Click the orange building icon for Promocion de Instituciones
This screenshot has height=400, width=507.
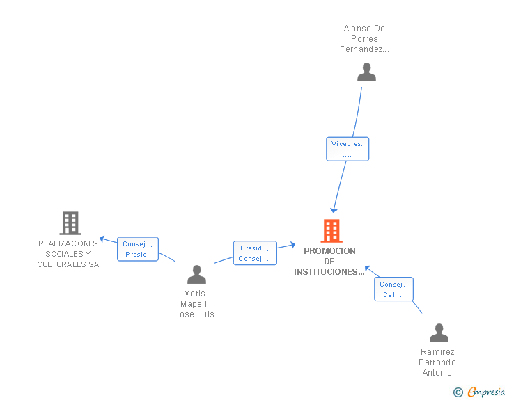coord(331,230)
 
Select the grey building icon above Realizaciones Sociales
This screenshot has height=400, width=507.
coord(70,223)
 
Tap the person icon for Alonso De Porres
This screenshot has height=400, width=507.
coord(366,72)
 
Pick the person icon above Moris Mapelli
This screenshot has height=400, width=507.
coord(196,275)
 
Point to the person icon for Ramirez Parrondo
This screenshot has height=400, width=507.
coord(439,333)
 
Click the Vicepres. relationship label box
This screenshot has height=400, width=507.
coord(348,149)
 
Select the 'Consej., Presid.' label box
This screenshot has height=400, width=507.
coord(137,249)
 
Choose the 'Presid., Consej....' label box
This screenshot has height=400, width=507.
coord(254,253)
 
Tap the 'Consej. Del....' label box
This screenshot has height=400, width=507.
coord(393,289)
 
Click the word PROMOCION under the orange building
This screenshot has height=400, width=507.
coord(329,251)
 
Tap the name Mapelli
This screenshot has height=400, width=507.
coord(194,304)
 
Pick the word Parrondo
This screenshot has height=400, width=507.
coord(437,362)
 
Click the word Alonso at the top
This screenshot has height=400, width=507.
coord(355,29)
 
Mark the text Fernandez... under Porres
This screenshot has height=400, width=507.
coord(364,49)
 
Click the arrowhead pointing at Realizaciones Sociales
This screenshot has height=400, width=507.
coord(102,239)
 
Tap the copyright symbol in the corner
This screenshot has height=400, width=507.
coord(458,392)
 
